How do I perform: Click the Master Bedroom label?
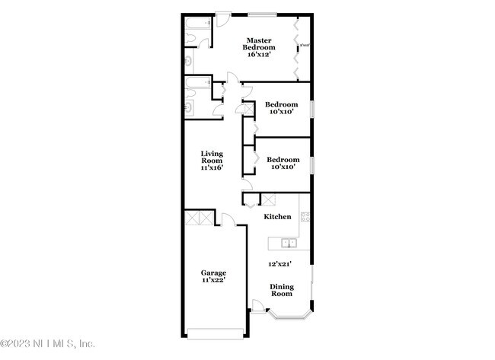257,44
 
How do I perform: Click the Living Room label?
212,158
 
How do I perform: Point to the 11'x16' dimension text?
212,167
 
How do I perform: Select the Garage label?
213,272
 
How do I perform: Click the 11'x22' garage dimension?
213,280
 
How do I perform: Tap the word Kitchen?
277,217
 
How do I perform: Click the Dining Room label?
282,290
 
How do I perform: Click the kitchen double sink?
288,244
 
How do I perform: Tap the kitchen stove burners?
305,217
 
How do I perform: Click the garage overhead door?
216,333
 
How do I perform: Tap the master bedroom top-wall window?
260,13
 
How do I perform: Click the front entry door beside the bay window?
259,308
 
